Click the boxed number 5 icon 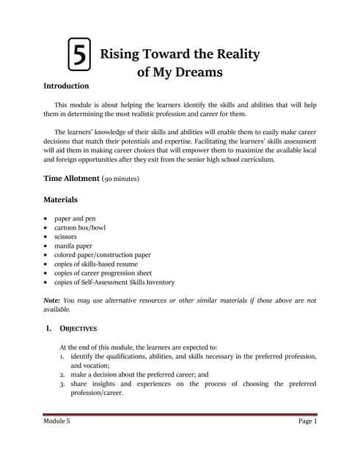click(79, 56)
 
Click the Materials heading click(61, 199)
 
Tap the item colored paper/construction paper click(103, 255)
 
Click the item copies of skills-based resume click(96, 264)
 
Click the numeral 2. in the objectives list click(63, 374)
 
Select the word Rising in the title click(121, 54)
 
